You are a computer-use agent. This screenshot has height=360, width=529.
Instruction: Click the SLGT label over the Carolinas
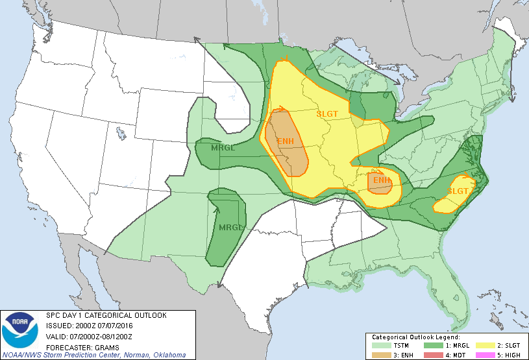[458, 191]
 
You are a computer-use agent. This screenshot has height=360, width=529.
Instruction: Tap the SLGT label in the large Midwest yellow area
[327, 114]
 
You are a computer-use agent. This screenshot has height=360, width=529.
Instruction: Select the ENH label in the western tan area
[286, 141]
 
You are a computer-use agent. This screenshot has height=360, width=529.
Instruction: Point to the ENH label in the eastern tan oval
[382, 180]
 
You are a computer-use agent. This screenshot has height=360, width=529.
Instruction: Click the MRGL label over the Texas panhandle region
[230, 228]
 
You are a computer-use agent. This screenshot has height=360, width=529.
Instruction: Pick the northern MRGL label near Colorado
[223, 147]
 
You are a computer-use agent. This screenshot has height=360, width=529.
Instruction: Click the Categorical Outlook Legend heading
[415, 338]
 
